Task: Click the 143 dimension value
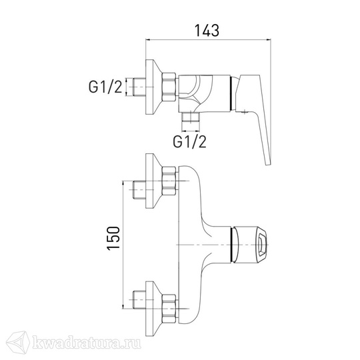[207, 31]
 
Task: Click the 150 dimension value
[113, 238]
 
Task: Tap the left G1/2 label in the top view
[105, 87]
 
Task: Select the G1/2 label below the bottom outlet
[190, 141]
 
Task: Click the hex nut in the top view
[169, 87]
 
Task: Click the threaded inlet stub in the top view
[139, 87]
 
